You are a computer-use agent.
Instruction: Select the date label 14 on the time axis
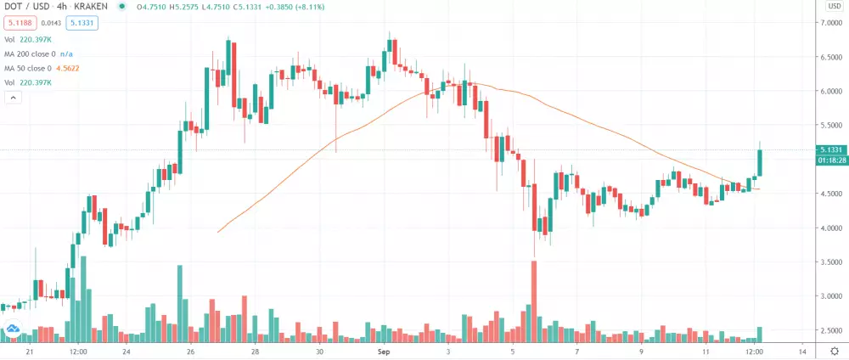[801, 350]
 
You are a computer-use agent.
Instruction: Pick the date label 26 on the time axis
[191, 350]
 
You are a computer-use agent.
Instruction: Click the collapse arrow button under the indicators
[14, 98]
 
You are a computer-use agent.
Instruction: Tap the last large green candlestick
[759, 162]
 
